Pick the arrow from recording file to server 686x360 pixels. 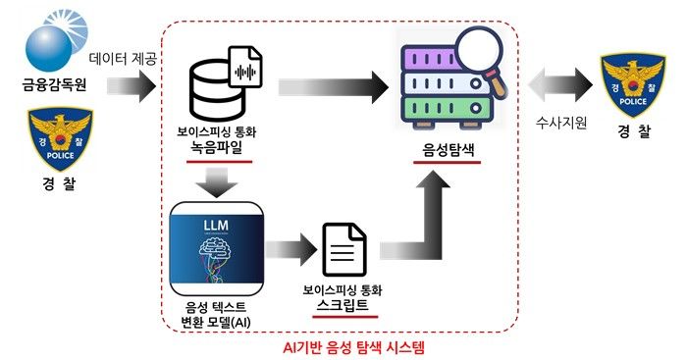pyautogui.click(x=328, y=89)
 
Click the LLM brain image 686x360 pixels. pyautogui.click(x=215, y=248)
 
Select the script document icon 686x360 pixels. pyautogui.click(x=343, y=252)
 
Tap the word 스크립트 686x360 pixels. pyautogui.click(x=343, y=307)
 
